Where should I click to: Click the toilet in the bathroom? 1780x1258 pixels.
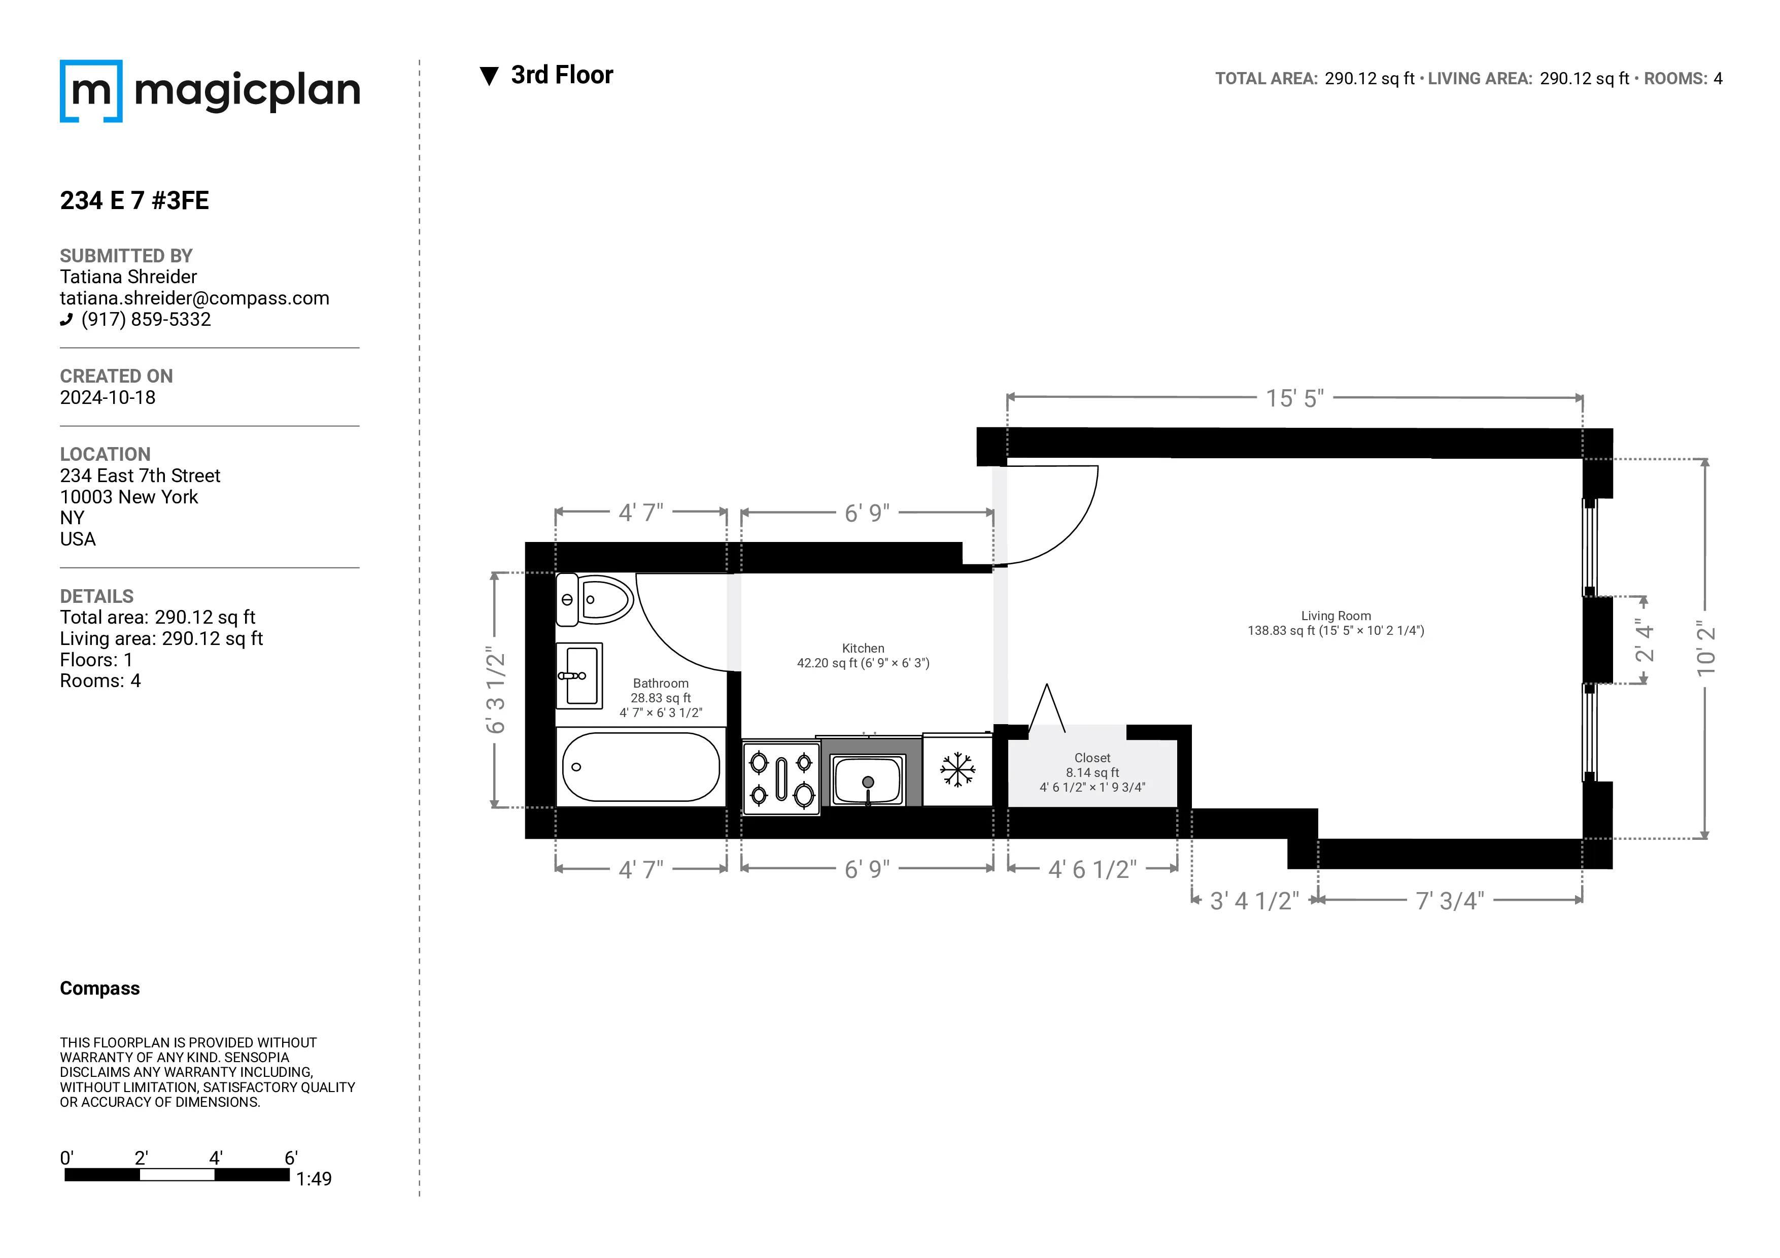click(x=595, y=600)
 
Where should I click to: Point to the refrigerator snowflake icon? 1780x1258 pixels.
click(x=957, y=770)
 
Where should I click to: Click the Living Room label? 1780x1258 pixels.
click(x=1336, y=616)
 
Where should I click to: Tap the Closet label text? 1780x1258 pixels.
click(x=1092, y=758)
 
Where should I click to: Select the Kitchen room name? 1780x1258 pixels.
click(x=863, y=649)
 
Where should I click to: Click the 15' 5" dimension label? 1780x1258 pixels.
click(x=1295, y=398)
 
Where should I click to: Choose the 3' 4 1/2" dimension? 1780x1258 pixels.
click(x=1254, y=901)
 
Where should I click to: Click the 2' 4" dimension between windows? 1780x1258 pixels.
click(x=1645, y=640)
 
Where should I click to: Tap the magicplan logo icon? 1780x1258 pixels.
click(x=91, y=91)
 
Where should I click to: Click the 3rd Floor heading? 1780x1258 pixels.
click(x=561, y=75)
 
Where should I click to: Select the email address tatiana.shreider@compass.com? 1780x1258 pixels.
click(x=194, y=298)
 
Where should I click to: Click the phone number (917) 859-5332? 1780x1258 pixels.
click(x=146, y=319)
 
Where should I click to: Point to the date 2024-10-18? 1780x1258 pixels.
click(x=108, y=398)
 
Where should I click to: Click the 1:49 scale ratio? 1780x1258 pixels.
click(x=314, y=1179)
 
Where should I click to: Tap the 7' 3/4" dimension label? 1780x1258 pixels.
click(x=1450, y=901)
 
